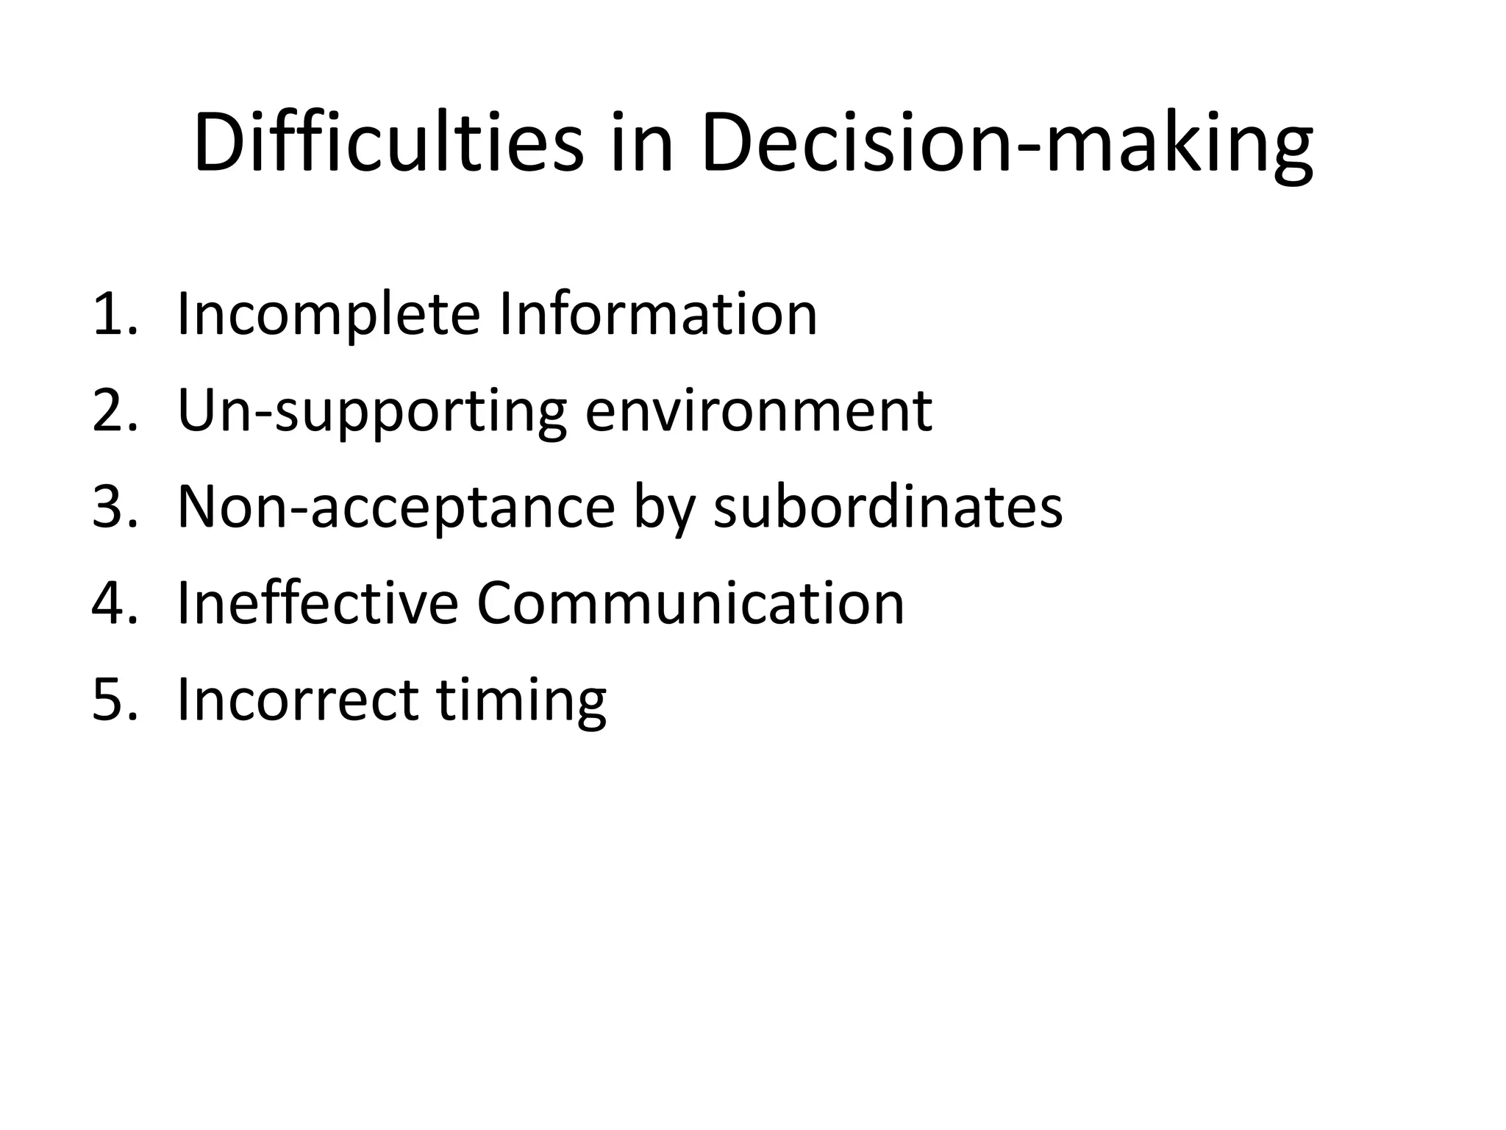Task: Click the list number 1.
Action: click(114, 314)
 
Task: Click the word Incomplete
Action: click(329, 316)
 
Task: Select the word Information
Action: click(658, 314)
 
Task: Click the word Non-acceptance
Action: click(396, 508)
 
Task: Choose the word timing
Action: click(521, 700)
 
